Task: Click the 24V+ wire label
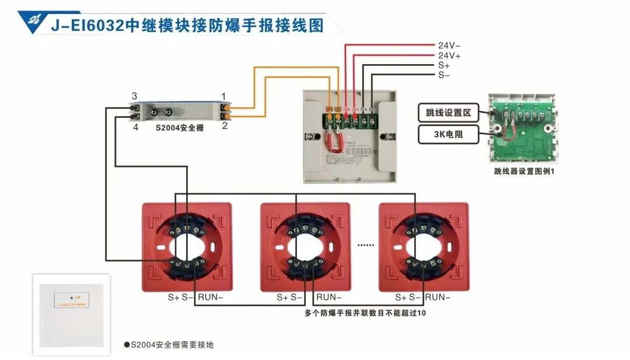449,55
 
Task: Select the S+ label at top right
444,65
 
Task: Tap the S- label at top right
444,75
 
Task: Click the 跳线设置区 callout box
448,111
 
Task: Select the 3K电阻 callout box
448,135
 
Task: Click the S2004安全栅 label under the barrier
180,127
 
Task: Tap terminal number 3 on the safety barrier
134,96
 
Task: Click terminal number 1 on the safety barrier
223,96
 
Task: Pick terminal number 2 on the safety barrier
224,125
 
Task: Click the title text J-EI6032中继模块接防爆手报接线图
187,26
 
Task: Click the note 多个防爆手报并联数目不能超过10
365,313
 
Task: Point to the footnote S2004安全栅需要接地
169,345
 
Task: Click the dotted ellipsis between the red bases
365,245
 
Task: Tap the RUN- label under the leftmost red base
211,297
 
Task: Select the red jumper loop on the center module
336,139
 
